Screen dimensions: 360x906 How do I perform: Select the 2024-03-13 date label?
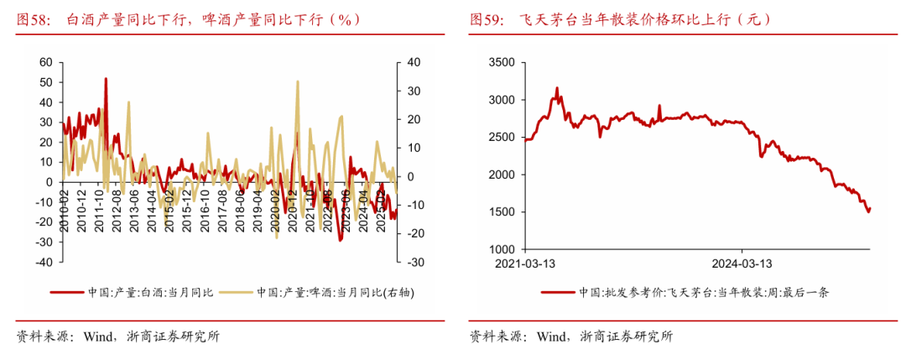(x=742, y=263)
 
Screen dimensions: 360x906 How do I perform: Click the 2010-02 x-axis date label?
(x=65, y=205)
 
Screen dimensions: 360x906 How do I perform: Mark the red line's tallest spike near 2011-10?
(x=106, y=78)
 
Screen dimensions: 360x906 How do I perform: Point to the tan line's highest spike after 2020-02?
(x=298, y=81)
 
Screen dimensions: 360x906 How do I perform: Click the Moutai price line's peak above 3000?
(x=556, y=87)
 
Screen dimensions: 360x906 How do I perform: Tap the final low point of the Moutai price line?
(x=867, y=211)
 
